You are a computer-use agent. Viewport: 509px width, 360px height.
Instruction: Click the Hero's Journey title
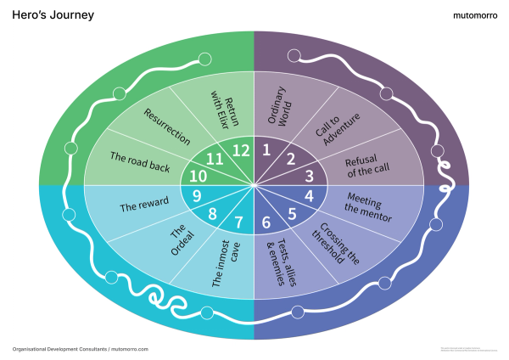coord(53,15)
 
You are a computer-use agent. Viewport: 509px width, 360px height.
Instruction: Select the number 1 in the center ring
coord(266,151)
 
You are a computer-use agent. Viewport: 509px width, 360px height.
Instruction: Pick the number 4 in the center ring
coord(309,195)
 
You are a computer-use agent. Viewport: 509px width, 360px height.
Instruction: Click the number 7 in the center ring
coord(238,223)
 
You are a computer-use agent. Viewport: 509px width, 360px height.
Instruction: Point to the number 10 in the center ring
coord(198,177)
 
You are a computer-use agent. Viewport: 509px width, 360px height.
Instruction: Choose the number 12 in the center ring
coord(242,150)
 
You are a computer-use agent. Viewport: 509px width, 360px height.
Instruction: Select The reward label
coord(139,205)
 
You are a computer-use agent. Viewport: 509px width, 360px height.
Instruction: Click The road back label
coord(141,161)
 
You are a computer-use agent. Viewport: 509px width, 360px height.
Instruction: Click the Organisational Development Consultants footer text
coord(81,349)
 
